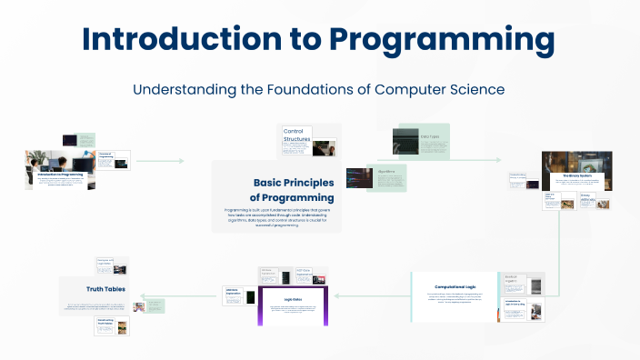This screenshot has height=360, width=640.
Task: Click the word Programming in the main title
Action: pos(442,39)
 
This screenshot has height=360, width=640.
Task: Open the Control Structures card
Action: pos(309,142)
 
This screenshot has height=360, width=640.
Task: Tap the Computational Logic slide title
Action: pos(455,283)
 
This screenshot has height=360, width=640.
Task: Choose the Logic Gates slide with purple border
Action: pos(293,305)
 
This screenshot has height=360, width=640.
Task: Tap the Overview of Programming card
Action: pos(114,161)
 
